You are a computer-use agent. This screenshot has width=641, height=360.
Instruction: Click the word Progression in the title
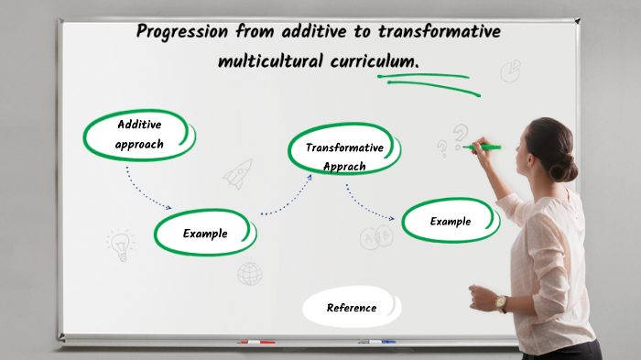pyautogui.click(x=182, y=32)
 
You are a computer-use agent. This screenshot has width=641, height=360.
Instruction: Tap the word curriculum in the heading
pyautogui.click(x=372, y=61)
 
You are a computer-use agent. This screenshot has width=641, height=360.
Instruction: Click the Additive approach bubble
pyautogui.click(x=139, y=134)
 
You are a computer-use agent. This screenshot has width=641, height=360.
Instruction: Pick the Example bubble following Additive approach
pyautogui.click(x=204, y=234)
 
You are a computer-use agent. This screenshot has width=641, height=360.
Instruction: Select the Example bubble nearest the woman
pyautogui.click(x=451, y=222)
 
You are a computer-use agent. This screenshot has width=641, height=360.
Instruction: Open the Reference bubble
pyautogui.click(x=352, y=308)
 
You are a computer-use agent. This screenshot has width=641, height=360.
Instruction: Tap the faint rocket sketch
pyautogui.click(x=238, y=173)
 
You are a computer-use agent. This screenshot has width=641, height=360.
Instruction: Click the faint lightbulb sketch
pyautogui.click(x=119, y=244)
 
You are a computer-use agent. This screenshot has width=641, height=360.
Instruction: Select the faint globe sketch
pyautogui.click(x=249, y=273)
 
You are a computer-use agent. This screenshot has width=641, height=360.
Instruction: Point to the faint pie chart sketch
pyautogui.click(x=510, y=71)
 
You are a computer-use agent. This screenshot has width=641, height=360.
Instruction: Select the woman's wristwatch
pyautogui.click(x=501, y=303)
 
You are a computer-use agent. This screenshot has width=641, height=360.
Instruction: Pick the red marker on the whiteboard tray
pyautogui.click(x=257, y=342)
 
